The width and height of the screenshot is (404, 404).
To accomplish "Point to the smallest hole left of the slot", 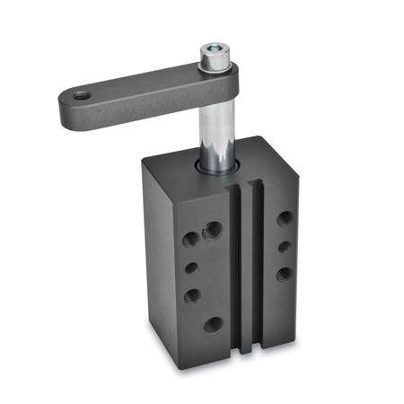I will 191,267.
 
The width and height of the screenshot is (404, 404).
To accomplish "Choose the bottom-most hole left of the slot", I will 215,324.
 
